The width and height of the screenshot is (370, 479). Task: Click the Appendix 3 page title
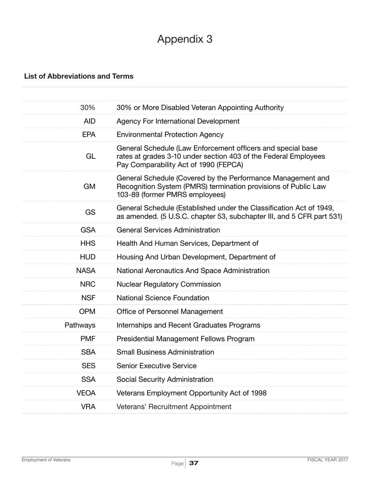(185, 39)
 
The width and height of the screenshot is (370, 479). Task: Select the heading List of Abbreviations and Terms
(79, 76)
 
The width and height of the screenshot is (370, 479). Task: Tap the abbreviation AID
(90, 121)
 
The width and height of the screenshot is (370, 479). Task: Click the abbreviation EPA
(89, 135)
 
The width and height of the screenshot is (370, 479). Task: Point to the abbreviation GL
(90, 157)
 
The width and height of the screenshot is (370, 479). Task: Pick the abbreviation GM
(90, 187)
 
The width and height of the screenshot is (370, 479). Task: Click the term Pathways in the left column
(80, 325)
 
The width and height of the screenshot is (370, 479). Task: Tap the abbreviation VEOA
(86, 393)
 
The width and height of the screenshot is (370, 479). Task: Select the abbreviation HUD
(88, 257)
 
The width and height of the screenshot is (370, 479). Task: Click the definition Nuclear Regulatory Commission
(169, 284)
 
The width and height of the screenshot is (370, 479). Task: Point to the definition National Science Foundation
(163, 298)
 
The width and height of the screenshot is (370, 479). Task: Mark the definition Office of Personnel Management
(170, 312)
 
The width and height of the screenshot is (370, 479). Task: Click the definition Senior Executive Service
(157, 366)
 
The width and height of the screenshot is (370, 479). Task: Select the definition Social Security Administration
(165, 380)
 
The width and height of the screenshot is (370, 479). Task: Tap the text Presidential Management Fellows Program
(185, 339)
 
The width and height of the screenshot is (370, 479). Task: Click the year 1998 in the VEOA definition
(259, 393)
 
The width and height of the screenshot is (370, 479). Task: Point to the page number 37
(194, 463)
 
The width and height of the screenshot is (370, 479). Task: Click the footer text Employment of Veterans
(46, 460)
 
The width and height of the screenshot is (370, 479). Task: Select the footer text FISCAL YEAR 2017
(328, 460)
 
